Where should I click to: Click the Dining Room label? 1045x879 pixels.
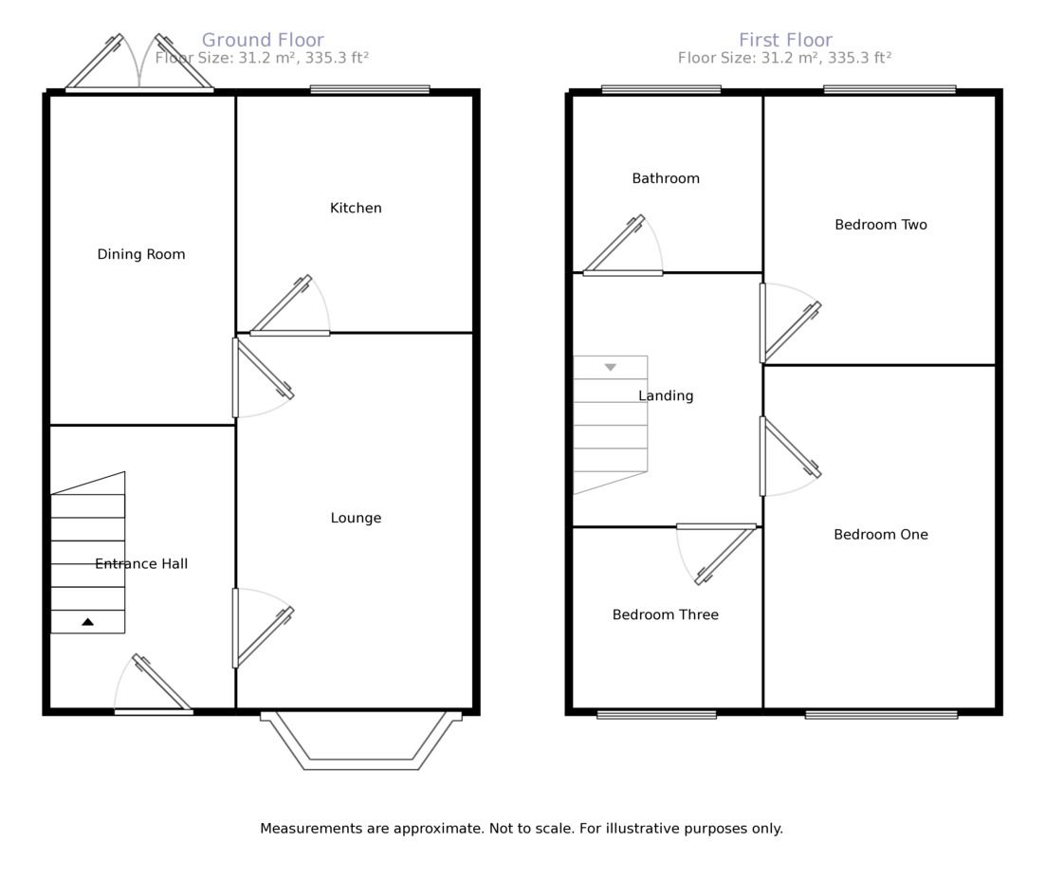(141, 254)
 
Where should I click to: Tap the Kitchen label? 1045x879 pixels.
(356, 208)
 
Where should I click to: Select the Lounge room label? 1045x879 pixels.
(356, 518)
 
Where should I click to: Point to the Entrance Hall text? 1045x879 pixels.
(141, 564)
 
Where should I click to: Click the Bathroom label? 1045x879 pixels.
(666, 178)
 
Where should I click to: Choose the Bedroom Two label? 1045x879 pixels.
(881, 225)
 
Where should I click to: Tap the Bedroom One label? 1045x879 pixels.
(881, 535)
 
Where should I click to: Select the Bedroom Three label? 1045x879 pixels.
(666, 614)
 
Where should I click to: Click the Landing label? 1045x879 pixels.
(666, 395)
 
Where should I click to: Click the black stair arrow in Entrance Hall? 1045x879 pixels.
(87, 622)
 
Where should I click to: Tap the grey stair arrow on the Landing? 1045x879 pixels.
(610, 367)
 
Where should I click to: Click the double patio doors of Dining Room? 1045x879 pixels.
(139, 66)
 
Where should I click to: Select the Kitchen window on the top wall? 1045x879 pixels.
(370, 90)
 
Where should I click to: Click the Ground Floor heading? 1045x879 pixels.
(263, 40)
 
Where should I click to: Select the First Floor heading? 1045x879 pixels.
(785, 40)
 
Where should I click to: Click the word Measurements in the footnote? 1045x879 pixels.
(310, 829)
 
